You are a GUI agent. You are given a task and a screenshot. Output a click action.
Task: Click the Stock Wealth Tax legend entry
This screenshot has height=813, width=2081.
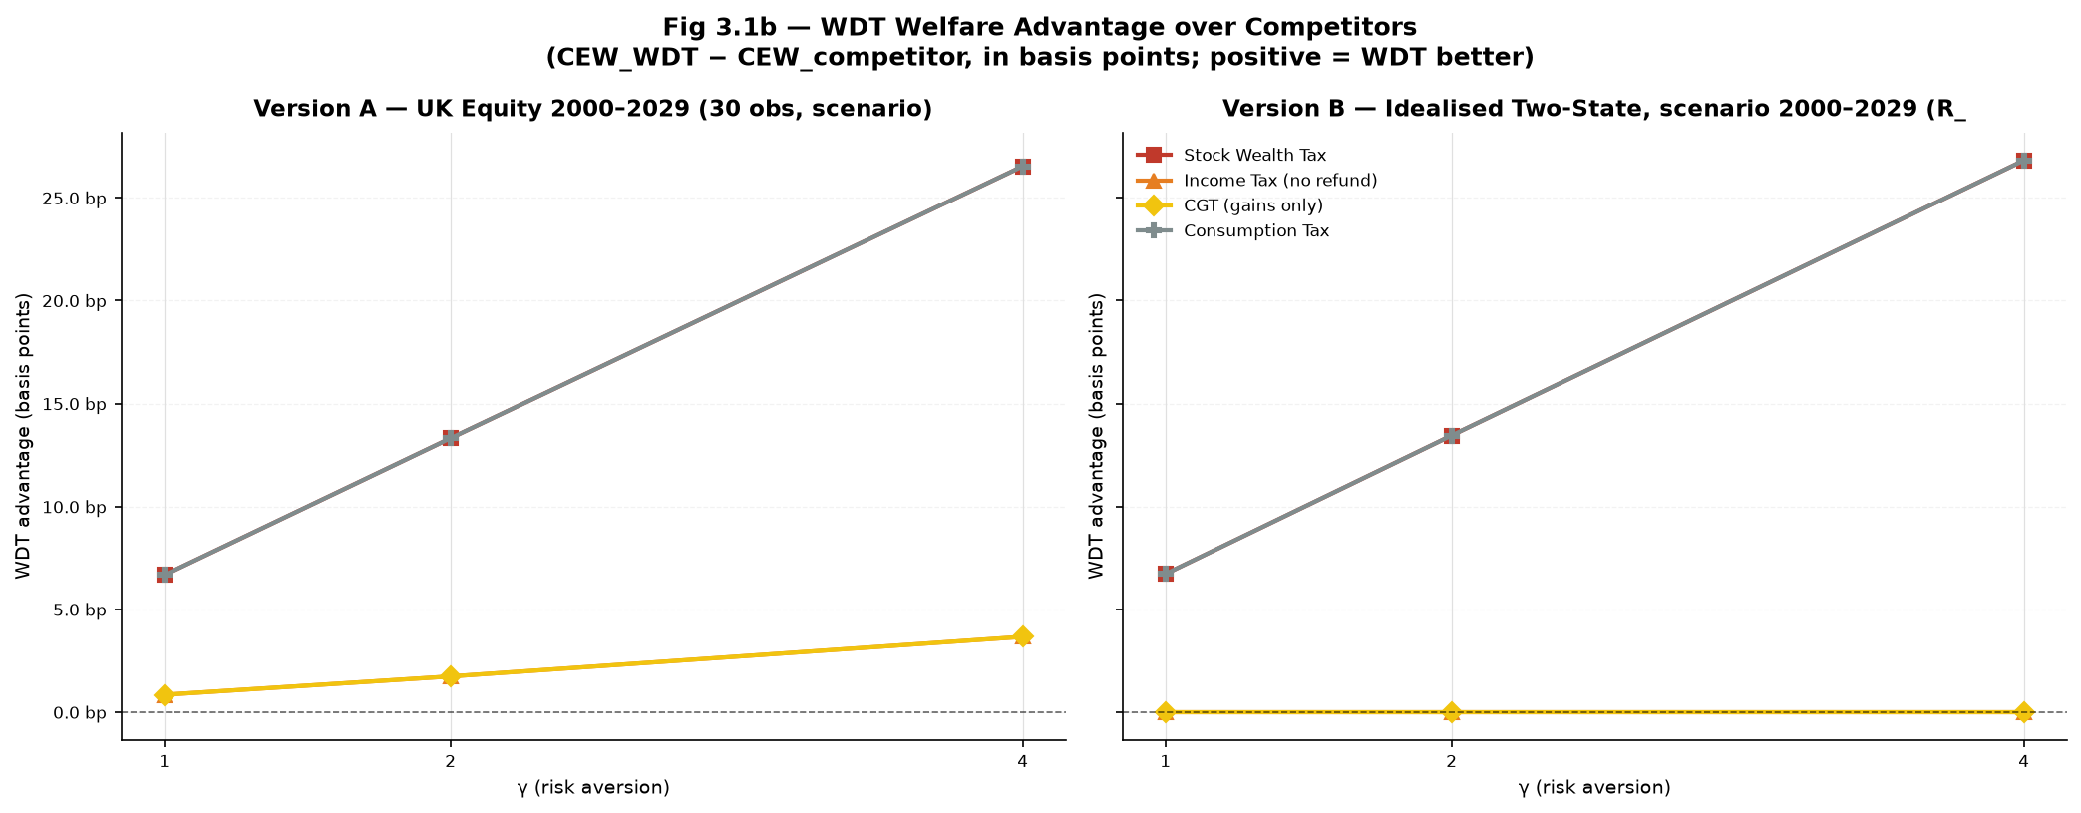1231,156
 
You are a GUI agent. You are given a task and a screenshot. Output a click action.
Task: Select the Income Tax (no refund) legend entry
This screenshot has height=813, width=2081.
1256,181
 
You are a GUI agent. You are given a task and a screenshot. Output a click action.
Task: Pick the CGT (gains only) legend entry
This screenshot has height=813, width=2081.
1229,205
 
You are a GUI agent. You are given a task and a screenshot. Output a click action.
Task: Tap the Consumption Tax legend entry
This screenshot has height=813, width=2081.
1233,230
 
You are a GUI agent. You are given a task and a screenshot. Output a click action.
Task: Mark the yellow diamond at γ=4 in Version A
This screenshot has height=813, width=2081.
1023,636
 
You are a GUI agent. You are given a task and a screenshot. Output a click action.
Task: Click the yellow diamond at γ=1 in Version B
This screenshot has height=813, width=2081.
1166,712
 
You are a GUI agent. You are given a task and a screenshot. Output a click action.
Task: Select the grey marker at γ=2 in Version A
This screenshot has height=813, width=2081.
451,438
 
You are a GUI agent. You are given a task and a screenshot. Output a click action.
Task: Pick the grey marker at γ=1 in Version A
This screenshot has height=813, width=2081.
165,575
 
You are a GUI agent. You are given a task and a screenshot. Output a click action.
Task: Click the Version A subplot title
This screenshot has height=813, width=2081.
593,109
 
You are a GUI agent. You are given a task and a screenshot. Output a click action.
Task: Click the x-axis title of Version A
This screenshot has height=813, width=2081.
593,788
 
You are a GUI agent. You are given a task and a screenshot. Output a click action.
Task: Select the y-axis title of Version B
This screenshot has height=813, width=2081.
1097,436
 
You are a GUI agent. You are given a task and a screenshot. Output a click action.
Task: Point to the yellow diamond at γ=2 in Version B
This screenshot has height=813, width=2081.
1452,712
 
